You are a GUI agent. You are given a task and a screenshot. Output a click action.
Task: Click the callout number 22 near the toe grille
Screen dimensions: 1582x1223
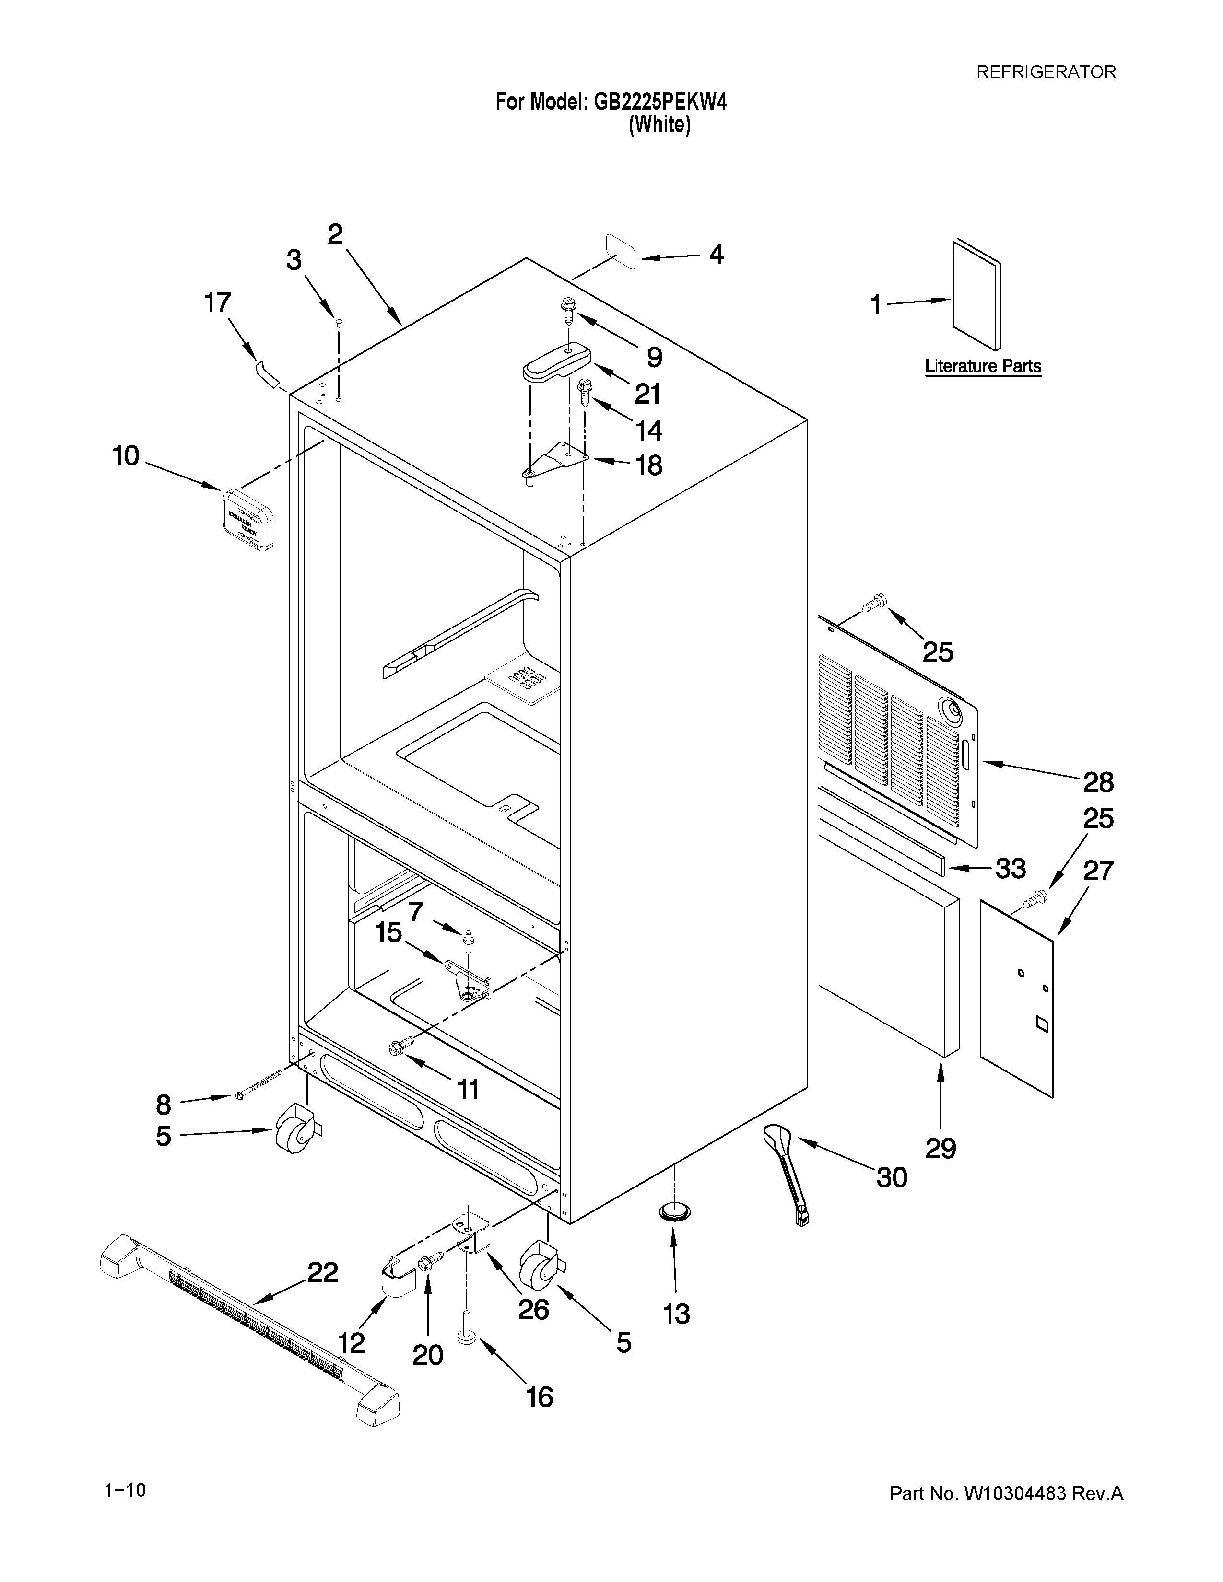click(x=322, y=1272)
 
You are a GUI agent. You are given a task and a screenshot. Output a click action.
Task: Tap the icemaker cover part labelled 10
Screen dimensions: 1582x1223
click(x=247, y=519)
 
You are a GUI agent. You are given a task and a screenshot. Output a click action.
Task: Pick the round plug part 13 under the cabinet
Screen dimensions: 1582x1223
click(x=674, y=1211)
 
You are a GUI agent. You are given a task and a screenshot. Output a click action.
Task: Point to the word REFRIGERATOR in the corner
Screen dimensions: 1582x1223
click(x=1046, y=72)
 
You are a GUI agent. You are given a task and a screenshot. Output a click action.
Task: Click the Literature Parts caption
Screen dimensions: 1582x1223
click(x=982, y=367)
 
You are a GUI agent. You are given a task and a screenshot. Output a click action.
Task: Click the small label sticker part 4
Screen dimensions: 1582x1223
click(x=621, y=251)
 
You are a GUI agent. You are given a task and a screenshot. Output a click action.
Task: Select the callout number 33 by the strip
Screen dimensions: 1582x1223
click(x=1010, y=868)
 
